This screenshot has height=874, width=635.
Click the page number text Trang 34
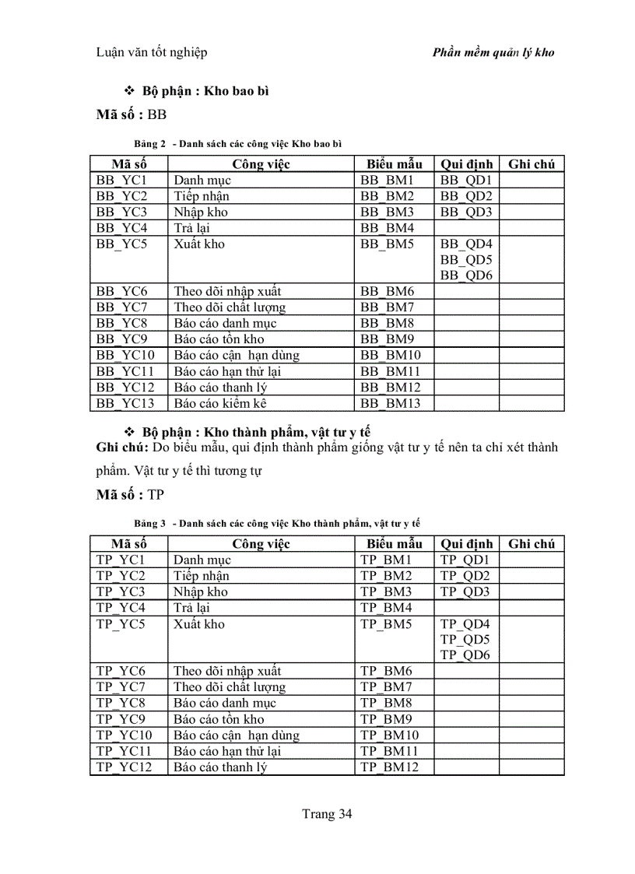[327, 814]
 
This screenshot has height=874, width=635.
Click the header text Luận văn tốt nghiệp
[151, 52]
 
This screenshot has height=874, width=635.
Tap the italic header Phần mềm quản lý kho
[493, 53]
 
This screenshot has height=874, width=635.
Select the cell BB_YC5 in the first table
[121, 244]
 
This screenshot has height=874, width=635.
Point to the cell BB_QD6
[466, 276]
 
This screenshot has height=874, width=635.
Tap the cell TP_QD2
[465, 576]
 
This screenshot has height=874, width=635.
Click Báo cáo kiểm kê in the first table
[215, 403]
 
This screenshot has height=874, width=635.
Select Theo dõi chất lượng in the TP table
[230, 686]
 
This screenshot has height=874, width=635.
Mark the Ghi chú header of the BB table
[532, 163]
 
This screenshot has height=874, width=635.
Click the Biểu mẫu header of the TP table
[395, 543]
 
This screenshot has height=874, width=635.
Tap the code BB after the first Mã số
[156, 115]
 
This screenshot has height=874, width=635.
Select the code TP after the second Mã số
[156, 494]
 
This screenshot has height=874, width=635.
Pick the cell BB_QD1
[466, 180]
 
